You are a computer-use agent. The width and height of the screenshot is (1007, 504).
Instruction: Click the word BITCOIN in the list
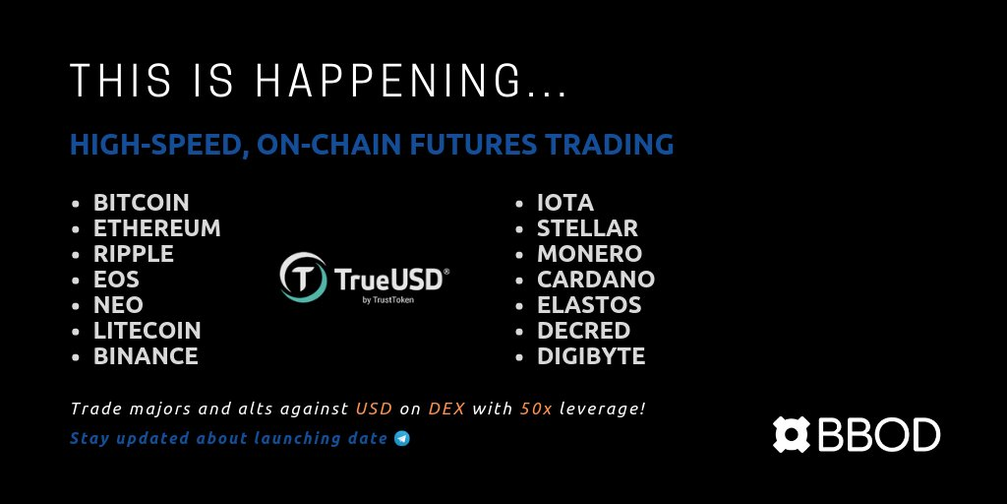[x=142, y=203]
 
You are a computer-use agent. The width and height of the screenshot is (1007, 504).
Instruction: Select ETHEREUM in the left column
[x=157, y=228]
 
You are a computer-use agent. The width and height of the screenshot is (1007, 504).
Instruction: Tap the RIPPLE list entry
[x=134, y=254]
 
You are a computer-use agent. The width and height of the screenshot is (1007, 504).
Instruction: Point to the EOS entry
[x=116, y=280]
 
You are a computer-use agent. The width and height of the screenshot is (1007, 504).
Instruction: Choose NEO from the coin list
[x=118, y=305]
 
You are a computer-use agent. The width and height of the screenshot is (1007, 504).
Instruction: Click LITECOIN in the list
[x=148, y=331]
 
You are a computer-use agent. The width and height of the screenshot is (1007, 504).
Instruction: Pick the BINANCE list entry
[x=146, y=356]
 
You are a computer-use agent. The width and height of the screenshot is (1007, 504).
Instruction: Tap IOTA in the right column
[x=565, y=203]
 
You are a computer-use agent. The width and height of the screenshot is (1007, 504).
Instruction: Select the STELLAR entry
[x=588, y=228]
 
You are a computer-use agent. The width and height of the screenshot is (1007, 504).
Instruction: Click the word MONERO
[x=590, y=254]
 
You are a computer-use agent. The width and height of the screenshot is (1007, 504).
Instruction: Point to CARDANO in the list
[x=596, y=280]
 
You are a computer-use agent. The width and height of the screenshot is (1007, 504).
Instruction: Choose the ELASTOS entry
[x=590, y=305]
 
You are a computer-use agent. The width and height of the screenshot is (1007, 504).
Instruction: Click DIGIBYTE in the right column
[x=591, y=356]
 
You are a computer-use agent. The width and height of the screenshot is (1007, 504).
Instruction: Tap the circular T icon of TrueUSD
[x=303, y=277]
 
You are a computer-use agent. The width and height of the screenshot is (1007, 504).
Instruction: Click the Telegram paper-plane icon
[x=402, y=439]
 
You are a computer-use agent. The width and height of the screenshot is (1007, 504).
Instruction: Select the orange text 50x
[x=536, y=409]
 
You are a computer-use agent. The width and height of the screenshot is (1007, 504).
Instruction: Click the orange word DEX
[x=446, y=409]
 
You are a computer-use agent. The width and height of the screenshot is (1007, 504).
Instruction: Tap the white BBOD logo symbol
[x=792, y=434]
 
